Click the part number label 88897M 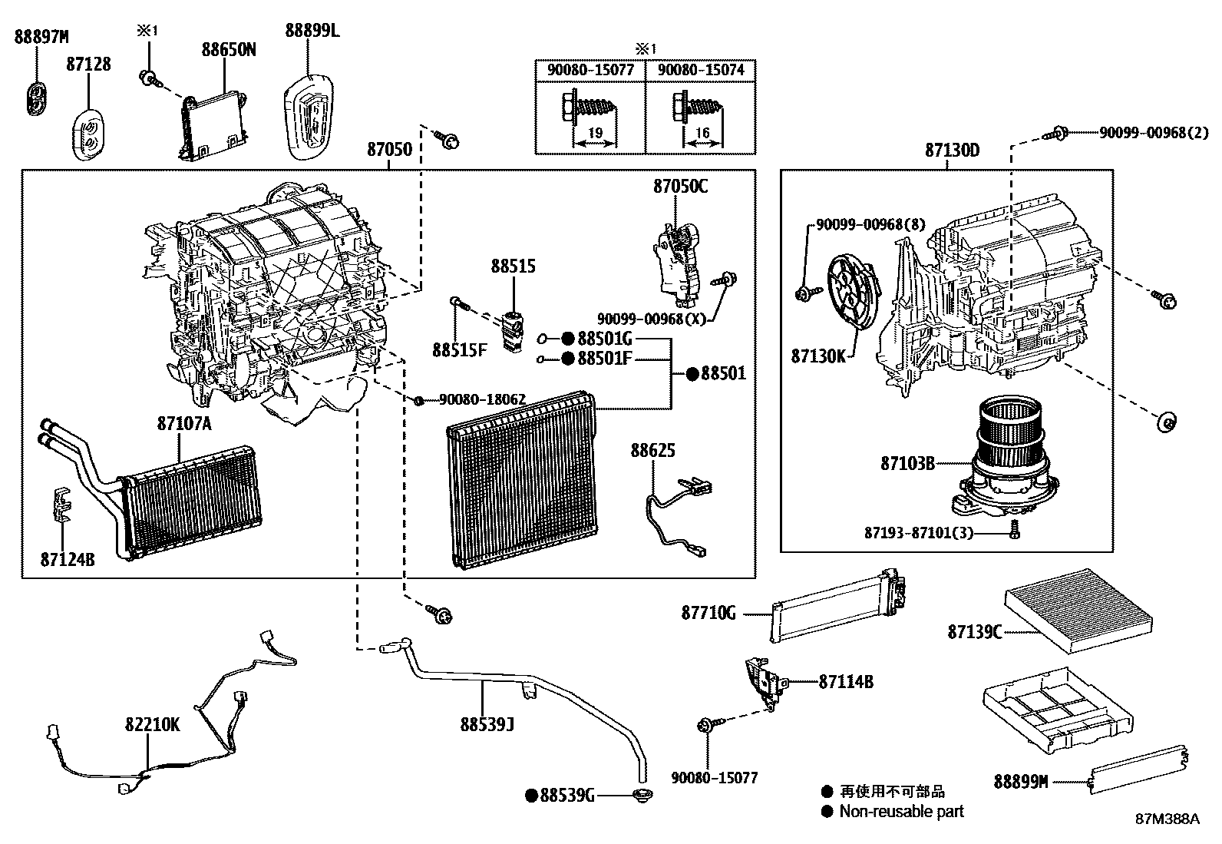coord(41,36)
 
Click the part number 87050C coord(681,186)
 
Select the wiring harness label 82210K coord(153,724)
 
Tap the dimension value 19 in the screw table coord(594,133)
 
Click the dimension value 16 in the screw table coord(702,133)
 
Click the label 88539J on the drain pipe coord(487,724)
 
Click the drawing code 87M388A coord(1168,819)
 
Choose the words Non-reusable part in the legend coord(901,811)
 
